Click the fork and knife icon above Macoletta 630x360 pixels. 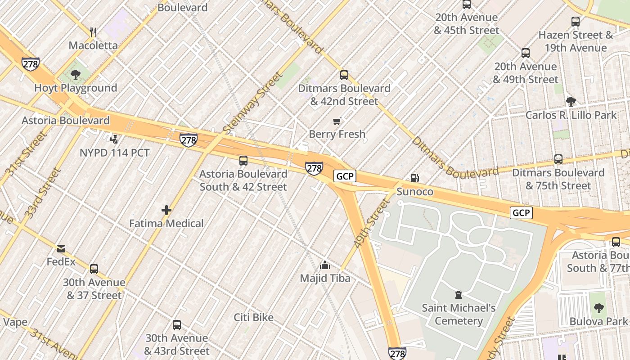point(93,32)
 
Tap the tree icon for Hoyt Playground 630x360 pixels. point(76,74)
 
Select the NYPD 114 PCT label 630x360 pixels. point(114,153)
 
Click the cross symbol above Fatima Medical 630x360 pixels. point(166,210)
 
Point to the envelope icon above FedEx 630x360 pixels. point(61,248)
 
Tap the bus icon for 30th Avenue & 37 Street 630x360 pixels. point(94,269)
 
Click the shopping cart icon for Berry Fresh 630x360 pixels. point(337,121)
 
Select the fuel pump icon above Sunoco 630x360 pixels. point(414,178)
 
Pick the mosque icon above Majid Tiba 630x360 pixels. point(324,265)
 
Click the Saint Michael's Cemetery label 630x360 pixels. point(459,315)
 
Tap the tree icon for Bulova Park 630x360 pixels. point(598,308)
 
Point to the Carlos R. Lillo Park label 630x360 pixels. point(571,115)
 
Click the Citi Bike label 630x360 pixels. point(253,317)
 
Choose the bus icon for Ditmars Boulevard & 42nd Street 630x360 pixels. point(344,75)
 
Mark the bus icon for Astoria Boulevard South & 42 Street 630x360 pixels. point(243,160)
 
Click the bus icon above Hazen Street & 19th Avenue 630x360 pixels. point(575,21)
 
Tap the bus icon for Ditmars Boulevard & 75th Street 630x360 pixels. point(558,159)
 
